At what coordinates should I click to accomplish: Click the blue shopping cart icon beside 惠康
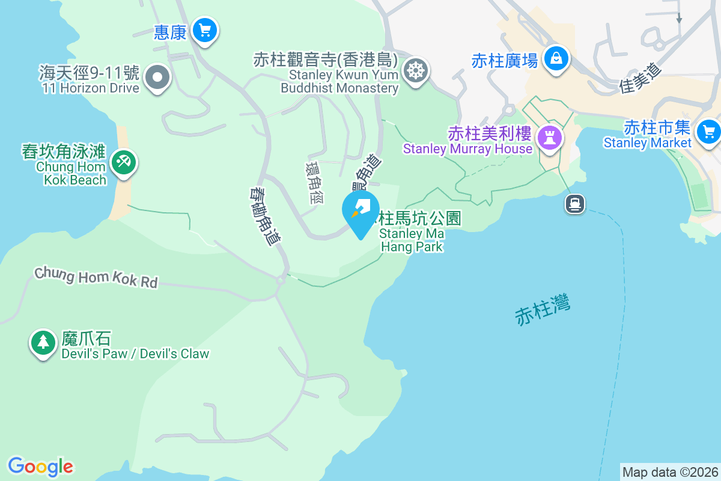coord(205,29)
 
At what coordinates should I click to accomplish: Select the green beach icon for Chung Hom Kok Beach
coord(124,162)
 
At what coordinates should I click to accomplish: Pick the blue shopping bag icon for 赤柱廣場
coord(556,58)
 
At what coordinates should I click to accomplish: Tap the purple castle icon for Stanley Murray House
coord(549,138)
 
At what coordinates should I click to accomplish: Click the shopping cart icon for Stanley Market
coord(708,130)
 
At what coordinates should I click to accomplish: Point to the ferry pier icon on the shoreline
coord(575,204)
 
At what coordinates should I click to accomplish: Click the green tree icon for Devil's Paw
coord(43,342)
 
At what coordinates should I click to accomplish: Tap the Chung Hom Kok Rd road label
coord(96,278)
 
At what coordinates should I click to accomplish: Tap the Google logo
coord(40,466)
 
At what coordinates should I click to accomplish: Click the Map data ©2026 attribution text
coord(670,472)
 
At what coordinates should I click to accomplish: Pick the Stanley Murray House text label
coord(467,149)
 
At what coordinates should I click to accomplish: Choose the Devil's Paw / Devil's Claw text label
coord(135,354)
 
